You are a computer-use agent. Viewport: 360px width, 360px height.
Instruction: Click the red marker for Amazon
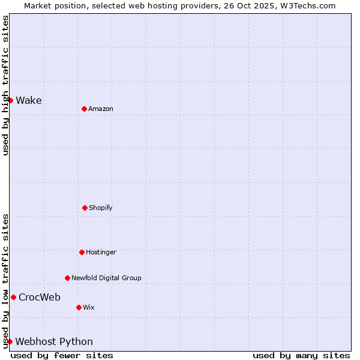point(84,109)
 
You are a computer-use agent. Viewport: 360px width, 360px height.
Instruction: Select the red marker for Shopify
point(85,208)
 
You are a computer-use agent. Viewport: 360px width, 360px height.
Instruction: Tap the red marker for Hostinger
point(82,252)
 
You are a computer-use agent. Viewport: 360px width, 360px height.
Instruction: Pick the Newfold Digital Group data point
point(67,278)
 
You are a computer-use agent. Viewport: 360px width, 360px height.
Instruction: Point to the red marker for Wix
point(79,307)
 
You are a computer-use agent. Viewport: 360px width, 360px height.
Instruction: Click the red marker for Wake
point(10,100)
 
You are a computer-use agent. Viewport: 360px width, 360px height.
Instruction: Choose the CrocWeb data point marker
point(13,297)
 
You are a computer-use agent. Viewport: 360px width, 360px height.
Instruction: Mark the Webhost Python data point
point(10,341)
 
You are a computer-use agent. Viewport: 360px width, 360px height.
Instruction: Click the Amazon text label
point(101,109)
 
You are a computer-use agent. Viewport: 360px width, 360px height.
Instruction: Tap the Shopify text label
point(101,208)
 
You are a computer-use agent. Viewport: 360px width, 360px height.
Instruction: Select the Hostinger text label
point(101,252)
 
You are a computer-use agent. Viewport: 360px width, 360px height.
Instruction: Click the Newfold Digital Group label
point(106,278)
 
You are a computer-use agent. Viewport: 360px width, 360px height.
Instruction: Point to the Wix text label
point(89,307)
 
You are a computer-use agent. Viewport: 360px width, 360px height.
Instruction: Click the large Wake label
point(29,100)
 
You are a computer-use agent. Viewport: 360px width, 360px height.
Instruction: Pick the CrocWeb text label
point(40,297)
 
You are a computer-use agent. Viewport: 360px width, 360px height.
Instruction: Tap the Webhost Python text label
point(54,341)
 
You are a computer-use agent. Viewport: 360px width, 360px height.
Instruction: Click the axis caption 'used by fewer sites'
point(62,355)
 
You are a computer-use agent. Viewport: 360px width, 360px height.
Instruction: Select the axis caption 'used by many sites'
point(301,355)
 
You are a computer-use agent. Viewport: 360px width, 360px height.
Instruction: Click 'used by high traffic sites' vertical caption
point(5,85)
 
